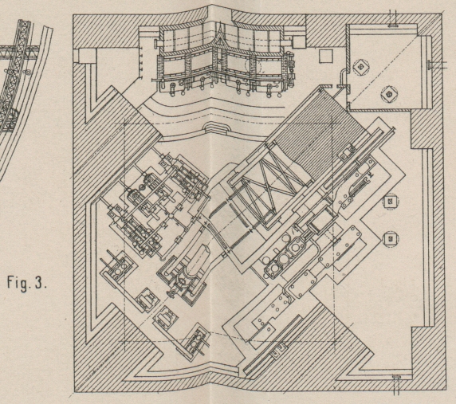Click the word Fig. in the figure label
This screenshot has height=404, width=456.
pos(18,282)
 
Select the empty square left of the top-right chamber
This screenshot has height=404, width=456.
pos(326,56)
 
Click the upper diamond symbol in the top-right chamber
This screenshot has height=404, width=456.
pos(361,67)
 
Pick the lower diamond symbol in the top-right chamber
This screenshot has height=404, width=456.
pos(389,94)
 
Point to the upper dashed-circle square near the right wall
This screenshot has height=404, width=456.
pos(391,201)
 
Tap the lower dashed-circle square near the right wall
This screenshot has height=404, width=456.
pos(391,239)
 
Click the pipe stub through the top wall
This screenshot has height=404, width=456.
pos(395,18)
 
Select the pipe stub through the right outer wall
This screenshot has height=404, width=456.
pos(435,64)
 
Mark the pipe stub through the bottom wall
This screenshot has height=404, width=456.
pos(396,384)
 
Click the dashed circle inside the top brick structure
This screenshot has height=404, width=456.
pos(253,67)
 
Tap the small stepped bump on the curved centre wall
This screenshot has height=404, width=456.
pos(214,127)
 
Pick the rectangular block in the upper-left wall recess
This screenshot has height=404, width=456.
pos(85,55)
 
